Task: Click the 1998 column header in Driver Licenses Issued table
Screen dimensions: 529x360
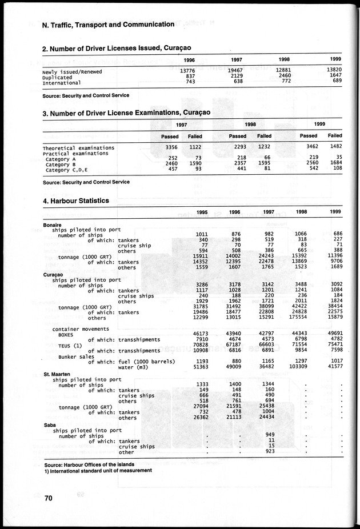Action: (x=284, y=59)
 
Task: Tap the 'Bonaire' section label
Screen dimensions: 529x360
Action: (x=52, y=225)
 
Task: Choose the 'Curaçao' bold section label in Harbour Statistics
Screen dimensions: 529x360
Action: (x=53, y=274)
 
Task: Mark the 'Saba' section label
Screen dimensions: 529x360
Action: (x=50, y=425)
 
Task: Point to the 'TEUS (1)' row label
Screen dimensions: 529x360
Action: (x=70, y=345)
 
